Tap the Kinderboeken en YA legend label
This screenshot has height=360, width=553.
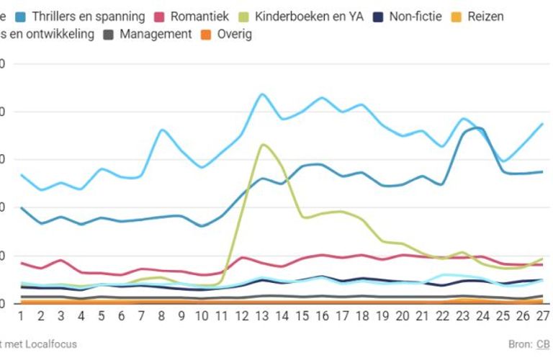[310, 16]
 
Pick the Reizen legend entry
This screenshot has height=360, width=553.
[486, 16]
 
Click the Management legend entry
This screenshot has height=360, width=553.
[156, 34]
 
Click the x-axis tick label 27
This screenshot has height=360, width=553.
[541, 315]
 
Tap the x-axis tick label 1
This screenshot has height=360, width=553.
[21, 315]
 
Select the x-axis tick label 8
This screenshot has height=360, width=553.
[161, 315]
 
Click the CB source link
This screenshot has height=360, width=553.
[543, 344]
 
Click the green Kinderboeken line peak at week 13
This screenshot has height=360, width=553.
[263, 145]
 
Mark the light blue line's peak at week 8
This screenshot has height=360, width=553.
[162, 130]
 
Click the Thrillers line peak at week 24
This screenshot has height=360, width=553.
[479, 129]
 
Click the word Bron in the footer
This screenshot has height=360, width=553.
[518, 344]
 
